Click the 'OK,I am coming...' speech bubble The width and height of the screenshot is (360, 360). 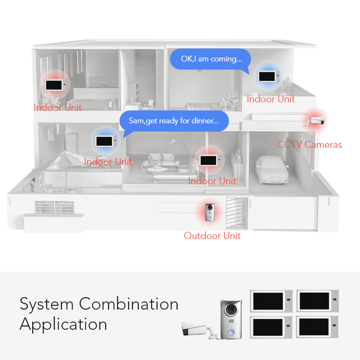coord(210,59)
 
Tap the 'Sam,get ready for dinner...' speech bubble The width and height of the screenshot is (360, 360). coord(174,121)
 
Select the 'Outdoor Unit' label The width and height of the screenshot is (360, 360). coord(212,236)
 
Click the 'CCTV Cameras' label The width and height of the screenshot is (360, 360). coord(310,144)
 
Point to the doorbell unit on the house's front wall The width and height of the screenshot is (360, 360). coord(210,212)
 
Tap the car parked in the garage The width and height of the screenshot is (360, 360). coord(272,169)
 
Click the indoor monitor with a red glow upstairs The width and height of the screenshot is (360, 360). coord(56,85)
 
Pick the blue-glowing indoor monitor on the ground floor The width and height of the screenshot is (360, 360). coord(106,141)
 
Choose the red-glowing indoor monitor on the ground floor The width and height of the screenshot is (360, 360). coord(210,160)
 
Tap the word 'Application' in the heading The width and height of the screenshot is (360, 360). coord(63,324)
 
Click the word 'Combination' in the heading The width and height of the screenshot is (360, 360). coord(129,304)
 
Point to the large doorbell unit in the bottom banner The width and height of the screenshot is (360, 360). coord(231,319)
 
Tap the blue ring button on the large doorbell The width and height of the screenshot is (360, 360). coord(231,332)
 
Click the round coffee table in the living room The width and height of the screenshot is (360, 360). coord(157,169)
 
